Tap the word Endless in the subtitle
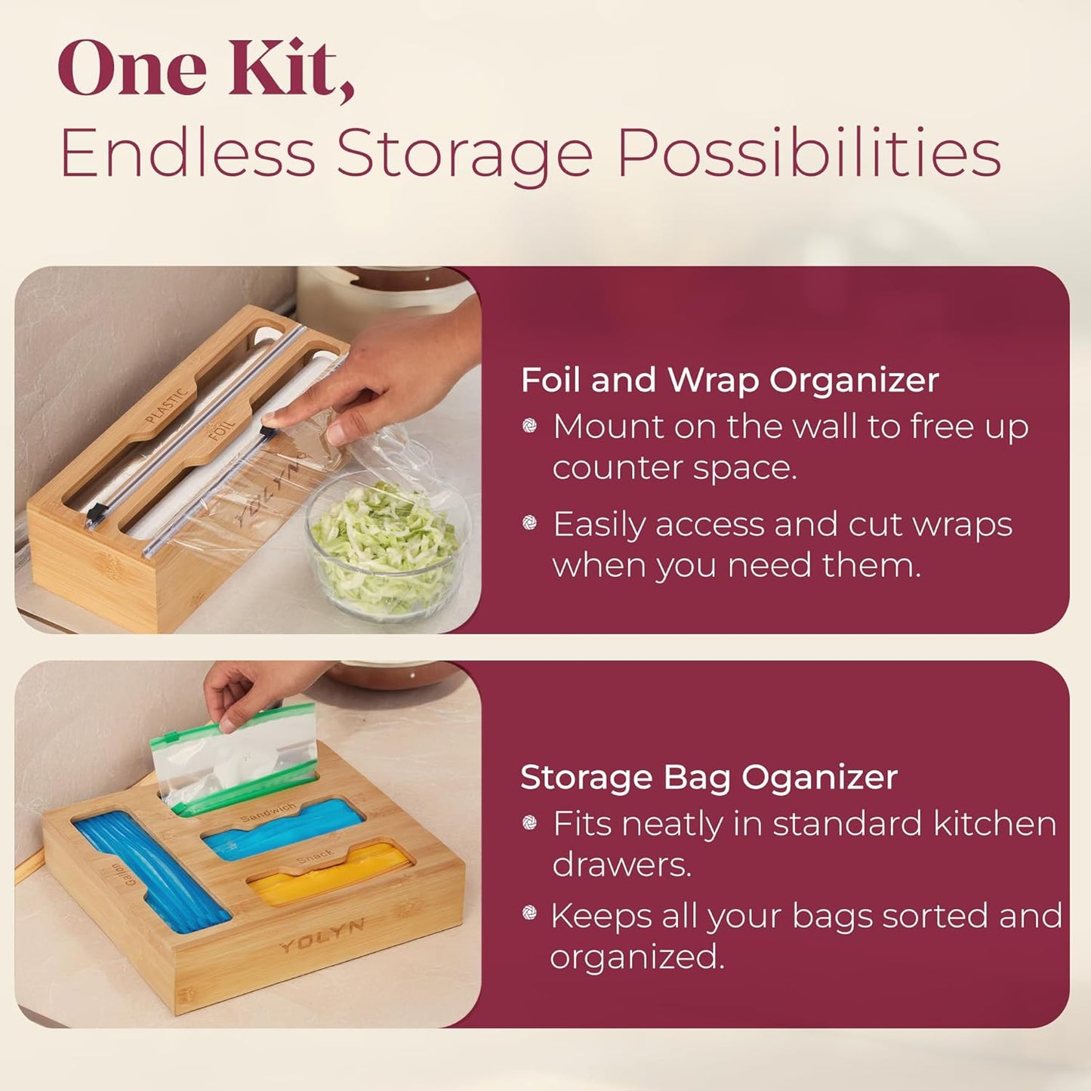[x=187, y=153]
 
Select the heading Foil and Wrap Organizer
[x=729, y=380]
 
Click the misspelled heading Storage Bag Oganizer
[x=708, y=777]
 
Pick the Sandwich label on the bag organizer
[x=268, y=812]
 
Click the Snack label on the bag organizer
[x=315, y=856]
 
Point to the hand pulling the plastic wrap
[x=393, y=378]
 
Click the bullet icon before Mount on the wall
[x=530, y=427]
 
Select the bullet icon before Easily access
[x=530, y=523]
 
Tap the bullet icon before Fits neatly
[x=530, y=823]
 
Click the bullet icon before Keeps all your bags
[x=530, y=915]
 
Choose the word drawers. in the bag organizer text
[x=621, y=864]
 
